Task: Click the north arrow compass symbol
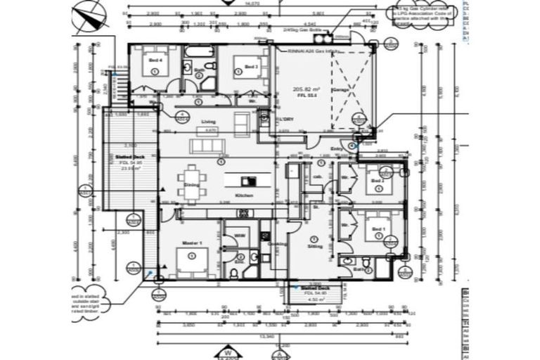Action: pos(87,15)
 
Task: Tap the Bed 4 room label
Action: pos(155,61)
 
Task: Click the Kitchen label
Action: pos(244,195)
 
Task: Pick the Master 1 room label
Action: pos(192,243)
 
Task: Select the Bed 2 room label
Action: pos(378,181)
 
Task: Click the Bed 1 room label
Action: pos(378,230)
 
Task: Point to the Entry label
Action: pos(336,148)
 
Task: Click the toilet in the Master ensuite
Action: pos(233,273)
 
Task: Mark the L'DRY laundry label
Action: pos(284,120)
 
